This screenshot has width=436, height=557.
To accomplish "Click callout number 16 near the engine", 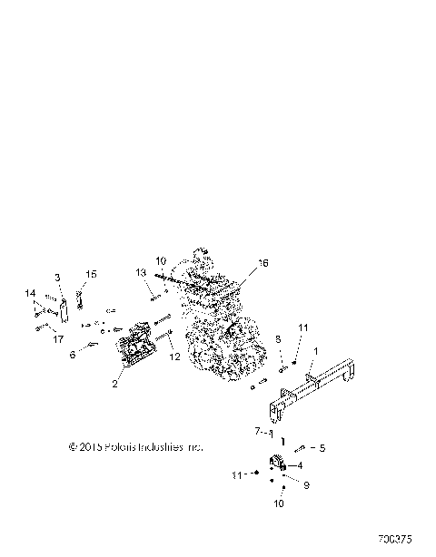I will [263, 263].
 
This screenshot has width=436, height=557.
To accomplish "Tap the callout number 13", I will [142, 272].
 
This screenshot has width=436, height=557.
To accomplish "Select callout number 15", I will [58, 276].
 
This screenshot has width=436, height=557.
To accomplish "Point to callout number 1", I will [315, 350].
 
